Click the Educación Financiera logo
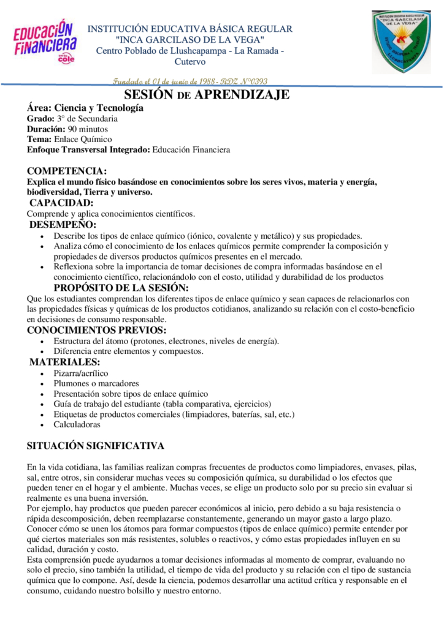45,40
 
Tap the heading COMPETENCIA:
67,171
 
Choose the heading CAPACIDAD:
61,203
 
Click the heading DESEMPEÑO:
63,225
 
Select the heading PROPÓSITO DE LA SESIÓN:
121,288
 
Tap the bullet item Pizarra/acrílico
80,373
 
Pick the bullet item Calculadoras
77,424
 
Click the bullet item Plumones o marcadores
96,383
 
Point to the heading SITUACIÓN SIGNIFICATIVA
95,446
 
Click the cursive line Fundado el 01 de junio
190,81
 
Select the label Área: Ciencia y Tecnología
85,108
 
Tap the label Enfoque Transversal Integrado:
88,149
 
